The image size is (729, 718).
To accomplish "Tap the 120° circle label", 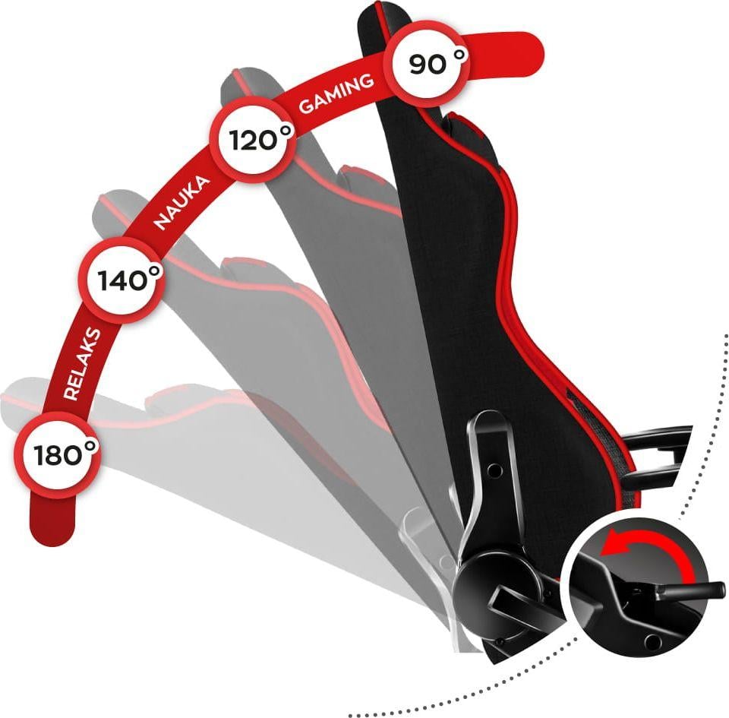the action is coord(255,139).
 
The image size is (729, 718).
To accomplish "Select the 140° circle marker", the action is coord(122,280).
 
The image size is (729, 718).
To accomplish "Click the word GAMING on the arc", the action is coord(336,93).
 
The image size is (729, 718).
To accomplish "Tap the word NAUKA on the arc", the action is coord(182,203).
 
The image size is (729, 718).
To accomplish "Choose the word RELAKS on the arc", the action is coord(82,364).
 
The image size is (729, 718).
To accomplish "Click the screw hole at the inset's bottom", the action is coord(652,642).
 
